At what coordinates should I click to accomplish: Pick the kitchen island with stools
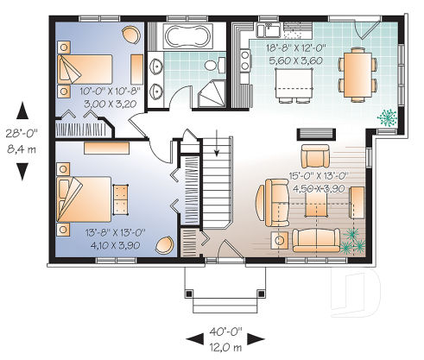292,84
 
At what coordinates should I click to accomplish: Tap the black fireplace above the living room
308,132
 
